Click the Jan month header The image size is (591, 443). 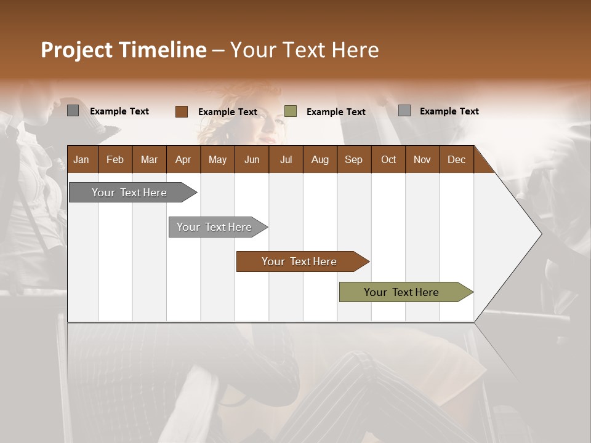point(81,159)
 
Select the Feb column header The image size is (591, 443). point(115,159)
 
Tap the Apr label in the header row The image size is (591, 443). point(183,159)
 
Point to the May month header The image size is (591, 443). point(217,159)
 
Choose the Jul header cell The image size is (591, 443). point(286,159)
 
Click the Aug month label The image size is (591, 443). point(320,159)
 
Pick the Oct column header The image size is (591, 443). point(388,159)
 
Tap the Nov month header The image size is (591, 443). point(422,159)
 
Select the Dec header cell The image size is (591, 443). point(456,159)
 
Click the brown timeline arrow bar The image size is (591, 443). point(299,261)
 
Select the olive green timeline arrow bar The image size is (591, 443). point(401,292)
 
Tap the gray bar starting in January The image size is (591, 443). point(129,193)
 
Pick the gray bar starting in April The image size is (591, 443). point(214,227)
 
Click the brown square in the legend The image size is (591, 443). point(182,111)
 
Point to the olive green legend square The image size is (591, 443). point(291,111)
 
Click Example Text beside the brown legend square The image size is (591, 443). point(227,112)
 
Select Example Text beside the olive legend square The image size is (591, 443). point(336,112)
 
